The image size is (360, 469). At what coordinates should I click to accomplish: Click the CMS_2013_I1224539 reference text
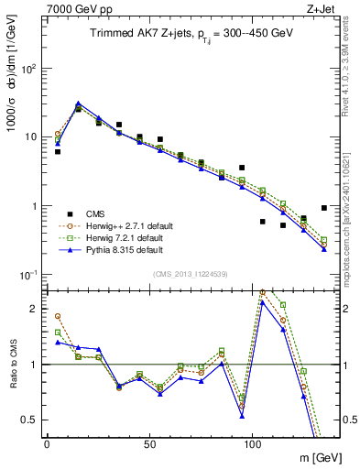click(x=188, y=274)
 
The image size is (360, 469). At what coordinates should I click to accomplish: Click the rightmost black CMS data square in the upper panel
click(x=324, y=208)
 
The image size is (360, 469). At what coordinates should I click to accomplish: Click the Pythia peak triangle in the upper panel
click(x=78, y=104)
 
